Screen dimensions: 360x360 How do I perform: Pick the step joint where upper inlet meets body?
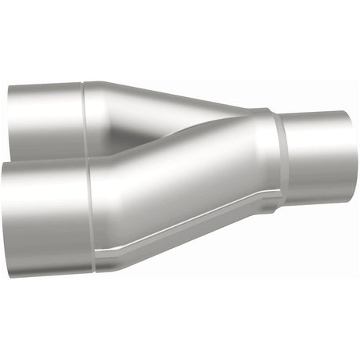point(84,117)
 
